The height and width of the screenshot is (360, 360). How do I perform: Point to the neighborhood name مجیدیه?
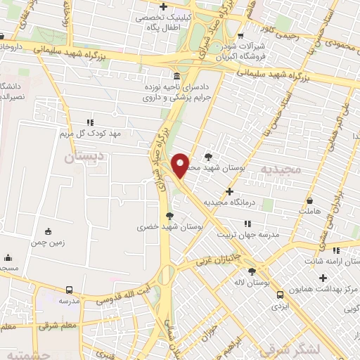point(279,169)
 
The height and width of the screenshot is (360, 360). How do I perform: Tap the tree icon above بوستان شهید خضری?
point(169,216)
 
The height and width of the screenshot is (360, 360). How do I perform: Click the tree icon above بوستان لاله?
point(251,271)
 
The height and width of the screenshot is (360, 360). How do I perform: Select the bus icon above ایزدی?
point(281,295)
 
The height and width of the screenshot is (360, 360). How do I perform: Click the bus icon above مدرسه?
point(69,290)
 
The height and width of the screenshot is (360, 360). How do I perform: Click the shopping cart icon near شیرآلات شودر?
point(241,37)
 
